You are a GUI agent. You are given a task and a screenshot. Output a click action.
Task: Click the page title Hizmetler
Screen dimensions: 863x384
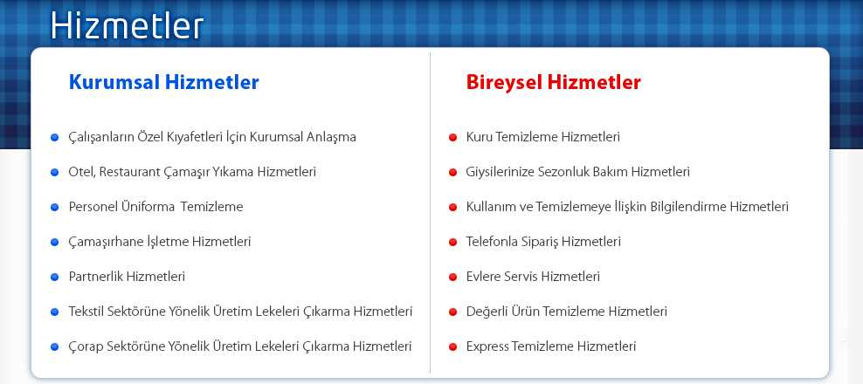click(x=128, y=25)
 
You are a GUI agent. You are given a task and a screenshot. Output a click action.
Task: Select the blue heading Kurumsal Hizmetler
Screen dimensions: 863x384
click(x=164, y=83)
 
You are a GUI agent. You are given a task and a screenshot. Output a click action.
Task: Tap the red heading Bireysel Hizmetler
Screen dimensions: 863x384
click(x=553, y=83)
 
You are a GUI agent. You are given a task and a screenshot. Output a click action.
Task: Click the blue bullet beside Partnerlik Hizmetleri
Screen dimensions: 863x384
click(x=54, y=277)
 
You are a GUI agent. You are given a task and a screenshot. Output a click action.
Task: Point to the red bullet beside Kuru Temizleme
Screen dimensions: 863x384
click(x=453, y=138)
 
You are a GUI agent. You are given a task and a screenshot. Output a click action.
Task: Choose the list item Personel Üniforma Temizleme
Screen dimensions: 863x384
click(x=155, y=207)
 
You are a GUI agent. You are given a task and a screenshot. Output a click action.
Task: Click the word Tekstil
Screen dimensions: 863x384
click(x=86, y=312)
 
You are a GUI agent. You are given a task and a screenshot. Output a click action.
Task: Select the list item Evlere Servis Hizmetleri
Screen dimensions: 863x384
click(x=533, y=277)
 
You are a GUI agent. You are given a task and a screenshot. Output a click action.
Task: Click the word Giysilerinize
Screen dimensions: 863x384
click(x=499, y=172)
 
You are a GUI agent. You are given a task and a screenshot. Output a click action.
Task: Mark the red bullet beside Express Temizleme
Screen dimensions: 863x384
click(x=453, y=347)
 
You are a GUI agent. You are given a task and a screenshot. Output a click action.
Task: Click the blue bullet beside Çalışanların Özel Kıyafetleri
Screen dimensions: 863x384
click(x=54, y=138)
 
